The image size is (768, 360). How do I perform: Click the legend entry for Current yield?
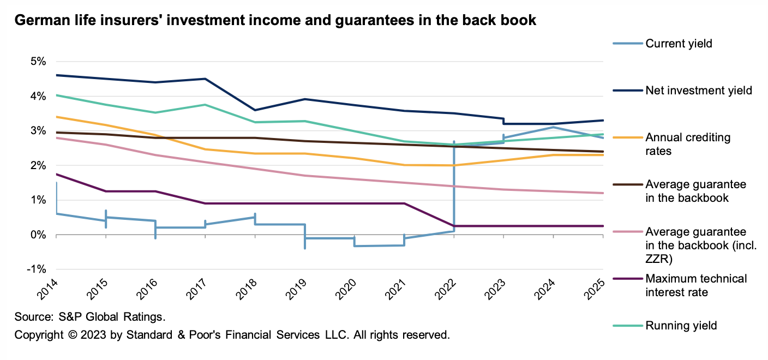[679, 43]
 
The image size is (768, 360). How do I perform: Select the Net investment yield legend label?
[699, 91]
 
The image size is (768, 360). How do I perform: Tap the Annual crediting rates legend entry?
[687, 144]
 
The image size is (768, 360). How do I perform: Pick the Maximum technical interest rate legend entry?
[696, 285]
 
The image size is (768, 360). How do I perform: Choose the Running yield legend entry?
[681, 326]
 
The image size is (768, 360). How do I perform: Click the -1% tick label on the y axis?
[37, 269]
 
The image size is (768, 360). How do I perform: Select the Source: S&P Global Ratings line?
[90, 317]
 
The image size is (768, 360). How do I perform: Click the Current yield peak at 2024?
[553, 127]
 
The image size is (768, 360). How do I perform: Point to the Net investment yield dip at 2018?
[255, 110]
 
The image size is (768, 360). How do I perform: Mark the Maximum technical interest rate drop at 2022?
[454, 226]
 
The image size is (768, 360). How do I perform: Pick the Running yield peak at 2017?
[205, 105]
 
